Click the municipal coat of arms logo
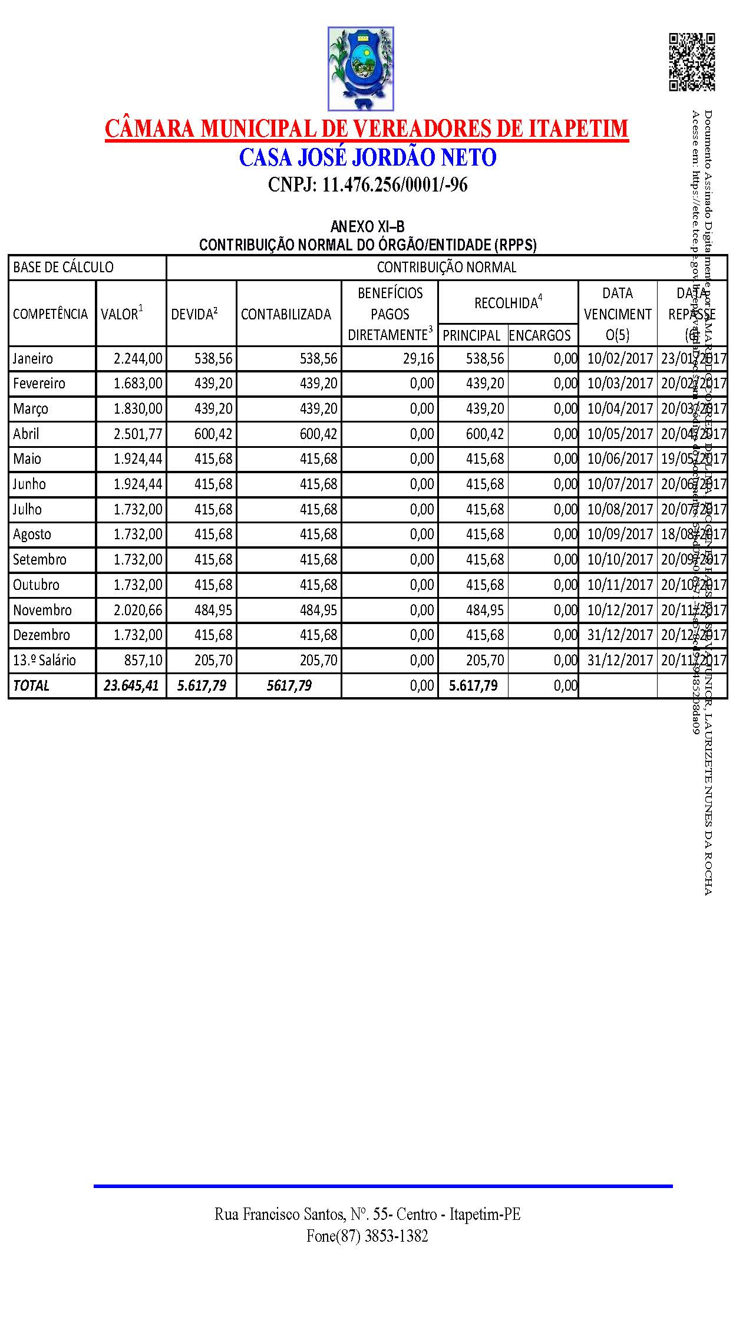click(x=361, y=69)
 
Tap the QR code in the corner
click(x=692, y=62)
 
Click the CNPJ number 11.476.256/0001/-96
click(x=368, y=185)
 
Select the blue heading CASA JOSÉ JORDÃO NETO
click(x=368, y=157)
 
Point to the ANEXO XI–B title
click(x=368, y=227)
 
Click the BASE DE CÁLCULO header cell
click(x=64, y=268)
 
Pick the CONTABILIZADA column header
click(x=286, y=314)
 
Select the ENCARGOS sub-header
click(x=540, y=335)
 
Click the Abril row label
click(x=27, y=434)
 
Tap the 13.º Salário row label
click(x=45, y=661)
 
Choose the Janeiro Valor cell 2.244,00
click(x=138, y=359)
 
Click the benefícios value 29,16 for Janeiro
click(x=418, y=359)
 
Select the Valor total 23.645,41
click(x=131, y=686)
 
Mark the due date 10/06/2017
click(x=620, y=459)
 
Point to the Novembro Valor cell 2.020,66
click(x=138, y=611)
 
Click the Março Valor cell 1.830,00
click(x=138, y=409)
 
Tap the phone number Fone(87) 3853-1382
click(x=367, y=1236)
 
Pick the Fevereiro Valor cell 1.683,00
click(x=138, y=384)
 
